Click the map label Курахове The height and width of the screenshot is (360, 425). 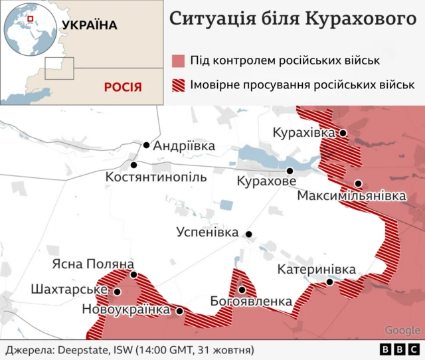pyautogui.click(x=266, y=181)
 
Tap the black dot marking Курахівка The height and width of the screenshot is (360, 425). pyautogui.click(x=343, y=133)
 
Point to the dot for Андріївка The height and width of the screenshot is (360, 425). pyautogui.click(x=146, y=145)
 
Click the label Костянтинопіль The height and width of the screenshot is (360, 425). pyautogui.click(x=156, y=178)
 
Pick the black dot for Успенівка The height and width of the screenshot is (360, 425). pyautogui.click(x=248, y=234)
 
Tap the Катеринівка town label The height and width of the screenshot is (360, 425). pyautogui.click(x=316, y=270)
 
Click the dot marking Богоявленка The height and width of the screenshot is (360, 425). pyautogui.click(x=242, y=290)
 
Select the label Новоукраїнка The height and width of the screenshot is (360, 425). pyautogui.click(x=126, y=310)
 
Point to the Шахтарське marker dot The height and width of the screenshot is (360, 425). pyautogui.click(x=117, y=291)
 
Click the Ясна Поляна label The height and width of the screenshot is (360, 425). pyautogui.click(x=93, y=264)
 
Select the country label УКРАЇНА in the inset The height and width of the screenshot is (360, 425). pyautogui.click(x=89, y=25)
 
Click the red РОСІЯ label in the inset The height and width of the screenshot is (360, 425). pyautogui.click(x=122, y=87)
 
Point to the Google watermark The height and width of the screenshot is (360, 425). pyautogui.click(x=402, y=330)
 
